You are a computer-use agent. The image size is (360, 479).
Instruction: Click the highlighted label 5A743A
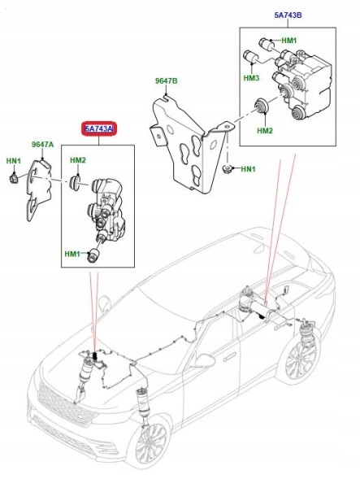tap(99, 129)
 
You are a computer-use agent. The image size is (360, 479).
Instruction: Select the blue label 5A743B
tap(288, 15)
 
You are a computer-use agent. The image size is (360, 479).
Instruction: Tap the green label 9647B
tap(166, 81)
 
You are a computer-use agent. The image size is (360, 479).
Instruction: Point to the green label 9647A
tap(43, 145)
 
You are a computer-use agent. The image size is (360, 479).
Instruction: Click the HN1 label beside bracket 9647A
tap(14, 161)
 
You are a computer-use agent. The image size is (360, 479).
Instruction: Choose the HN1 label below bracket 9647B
tap(248, 169)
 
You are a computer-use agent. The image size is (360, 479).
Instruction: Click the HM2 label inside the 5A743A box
tap(78, 160)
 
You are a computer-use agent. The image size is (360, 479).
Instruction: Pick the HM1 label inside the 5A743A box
tap(72, 254)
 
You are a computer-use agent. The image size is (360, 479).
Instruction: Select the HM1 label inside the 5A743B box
tap(288, 41)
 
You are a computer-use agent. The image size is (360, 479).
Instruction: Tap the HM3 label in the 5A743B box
tap(251, 78)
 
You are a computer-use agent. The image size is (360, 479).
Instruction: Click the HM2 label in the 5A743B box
tap(265, 131)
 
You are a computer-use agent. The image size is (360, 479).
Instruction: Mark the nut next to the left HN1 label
tap(14, 178)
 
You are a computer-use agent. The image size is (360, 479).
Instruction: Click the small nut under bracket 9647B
tap(226, 168)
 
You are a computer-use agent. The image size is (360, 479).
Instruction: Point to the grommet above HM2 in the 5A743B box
tap(262, 106)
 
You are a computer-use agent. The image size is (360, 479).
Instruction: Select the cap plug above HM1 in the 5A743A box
tap(93, 255)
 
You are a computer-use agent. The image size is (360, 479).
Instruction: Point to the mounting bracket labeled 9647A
tap(38, 189)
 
